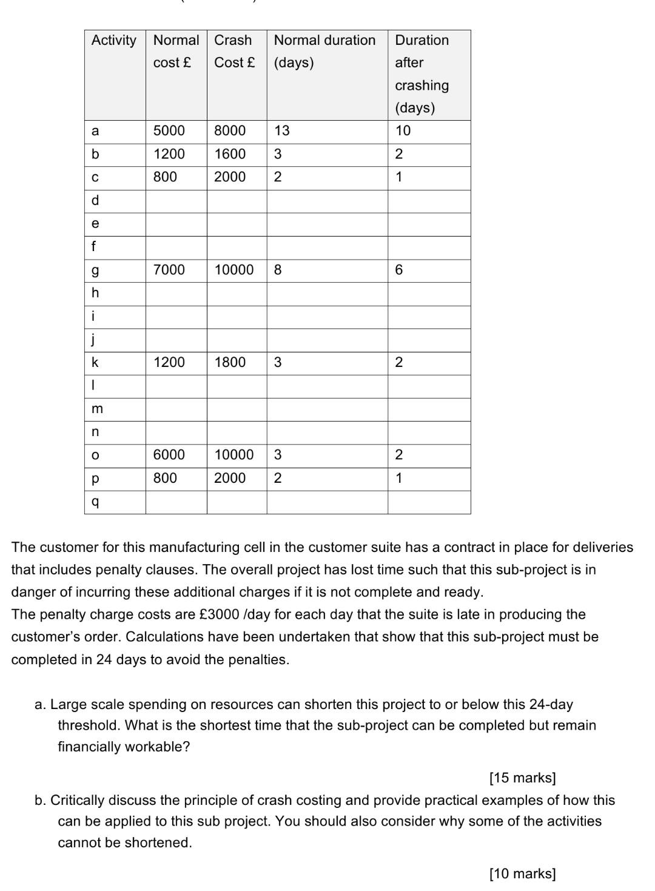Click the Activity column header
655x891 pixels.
coord(114,41)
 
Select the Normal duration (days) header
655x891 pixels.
coord(324,51)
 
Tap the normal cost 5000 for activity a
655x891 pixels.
coord(169,131)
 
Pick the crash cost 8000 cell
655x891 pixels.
coord(230,131)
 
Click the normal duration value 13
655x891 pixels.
coord(282,131)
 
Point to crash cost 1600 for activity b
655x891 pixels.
coord(230,154)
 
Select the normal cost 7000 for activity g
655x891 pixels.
coord(169,270)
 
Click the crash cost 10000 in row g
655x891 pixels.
coord(234,270)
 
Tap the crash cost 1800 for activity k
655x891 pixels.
coord(230,363)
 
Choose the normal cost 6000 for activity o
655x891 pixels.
coord(169,455)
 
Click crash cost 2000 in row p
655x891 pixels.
coord(230,478)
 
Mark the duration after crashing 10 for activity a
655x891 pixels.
coord(403,131)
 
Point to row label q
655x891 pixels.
coord(95,502)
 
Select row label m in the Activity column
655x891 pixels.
coord(97,409)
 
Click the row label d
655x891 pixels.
coord(95,201)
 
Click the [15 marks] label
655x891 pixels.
coord(522,778)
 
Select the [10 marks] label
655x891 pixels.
coord(522,873)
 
